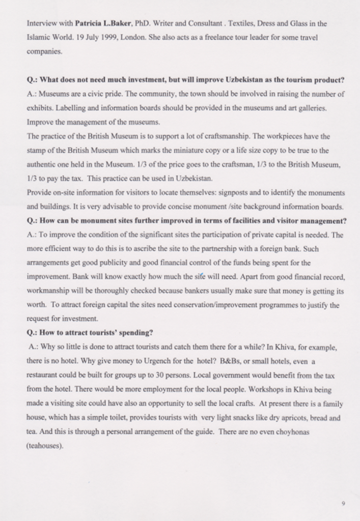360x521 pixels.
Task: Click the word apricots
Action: point(282,418)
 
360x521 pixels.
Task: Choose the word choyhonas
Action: point(290,432)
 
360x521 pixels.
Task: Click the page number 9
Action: point(343,503)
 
